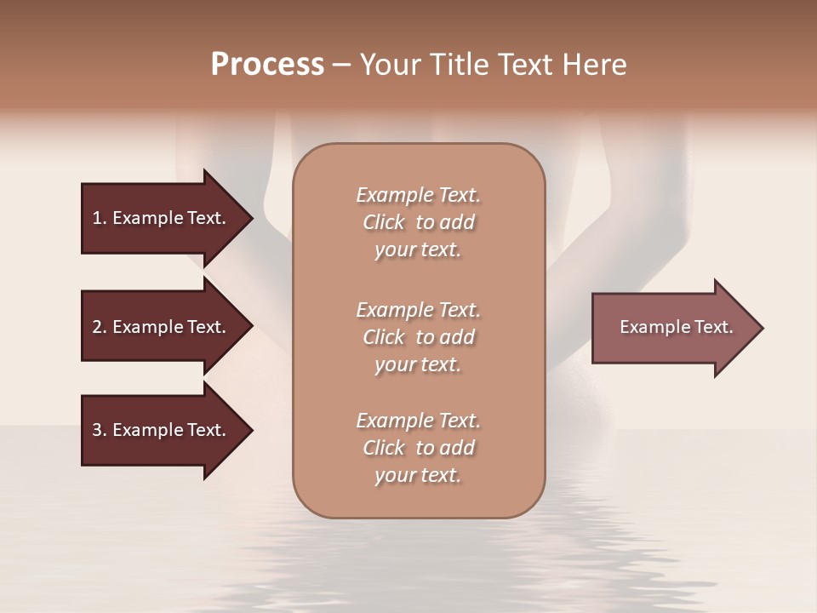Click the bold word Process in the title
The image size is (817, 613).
click(267, 65)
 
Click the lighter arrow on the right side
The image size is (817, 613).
click(672, 327)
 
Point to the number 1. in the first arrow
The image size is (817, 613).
click(99, 218)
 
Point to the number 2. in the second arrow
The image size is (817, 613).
click(99, 327)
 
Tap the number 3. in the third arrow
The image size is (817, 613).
click(99, 430)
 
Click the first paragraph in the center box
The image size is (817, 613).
click(418, 222)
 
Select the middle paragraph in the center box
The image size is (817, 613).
click(418, 337)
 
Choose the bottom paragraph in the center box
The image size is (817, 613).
click(418, 448)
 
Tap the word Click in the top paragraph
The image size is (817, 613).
click(384, 222)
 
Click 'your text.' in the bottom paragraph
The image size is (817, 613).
click(418, 475)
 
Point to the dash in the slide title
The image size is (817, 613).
click(342, 66)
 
